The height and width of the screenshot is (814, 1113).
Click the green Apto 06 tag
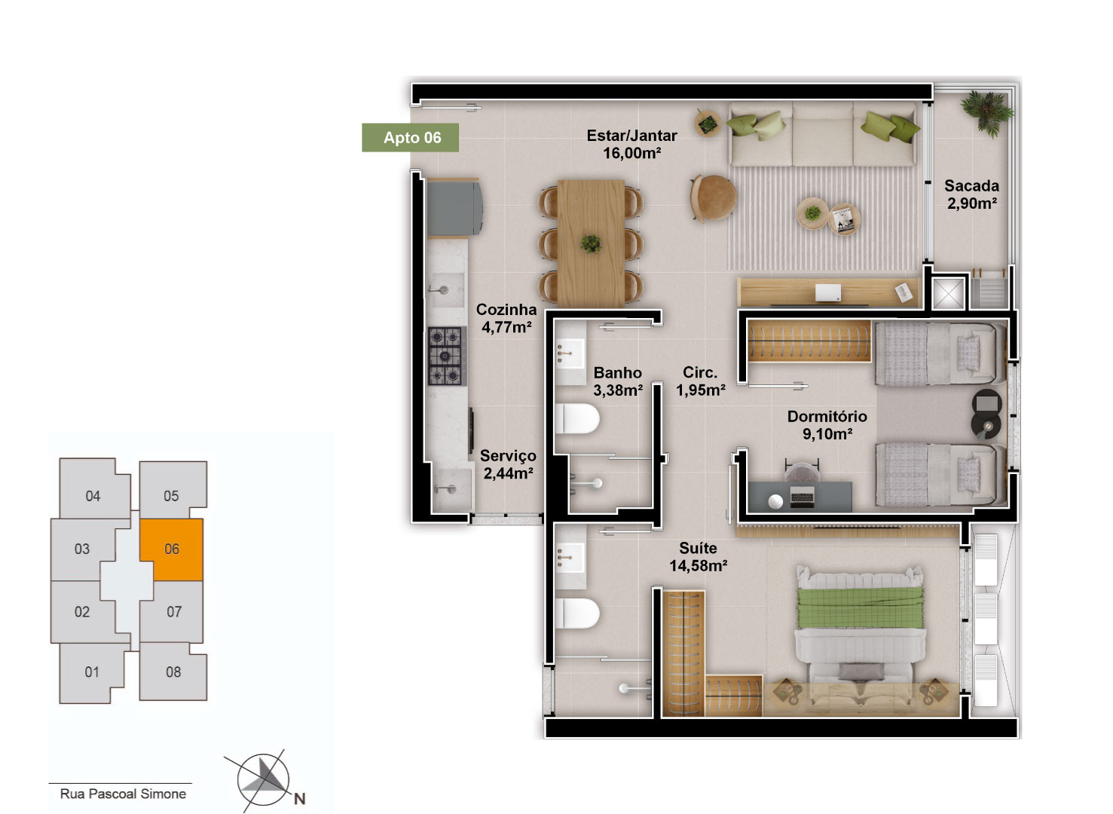click(x=410, y=137)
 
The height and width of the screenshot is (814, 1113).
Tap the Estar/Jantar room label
click(x=631, y=144)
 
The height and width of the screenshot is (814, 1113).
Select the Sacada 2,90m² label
click(x=971, y=194)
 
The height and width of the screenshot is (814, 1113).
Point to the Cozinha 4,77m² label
click(x=506, y=318)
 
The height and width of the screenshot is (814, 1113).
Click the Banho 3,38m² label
click(x=618, y=381)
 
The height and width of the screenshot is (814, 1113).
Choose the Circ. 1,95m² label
click(x=700, y=381)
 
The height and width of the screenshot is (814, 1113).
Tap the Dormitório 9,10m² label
click(x=827, y=425)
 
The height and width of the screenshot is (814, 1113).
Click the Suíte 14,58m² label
click(x=698, y=556)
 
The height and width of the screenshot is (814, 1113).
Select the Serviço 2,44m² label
click(x=508, y=464)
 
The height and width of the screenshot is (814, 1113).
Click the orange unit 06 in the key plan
click(x=171, y=549)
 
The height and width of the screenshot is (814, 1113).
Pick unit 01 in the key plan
click(x=92, y=672)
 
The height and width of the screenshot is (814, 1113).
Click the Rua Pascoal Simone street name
click(x=123, y=794)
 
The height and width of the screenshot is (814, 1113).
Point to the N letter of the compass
click(x=300, y=799)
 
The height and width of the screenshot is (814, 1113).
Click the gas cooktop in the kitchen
click(x=445, y=356)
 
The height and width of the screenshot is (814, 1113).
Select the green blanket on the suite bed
click(x=860, y=607)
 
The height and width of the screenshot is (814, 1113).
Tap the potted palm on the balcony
click(x=986, y=113)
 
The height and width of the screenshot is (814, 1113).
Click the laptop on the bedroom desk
click(x=802, y=497)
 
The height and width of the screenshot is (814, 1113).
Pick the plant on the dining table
click(x=591, y=243)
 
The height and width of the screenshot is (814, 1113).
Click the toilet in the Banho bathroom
click(x=577, y=418)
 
